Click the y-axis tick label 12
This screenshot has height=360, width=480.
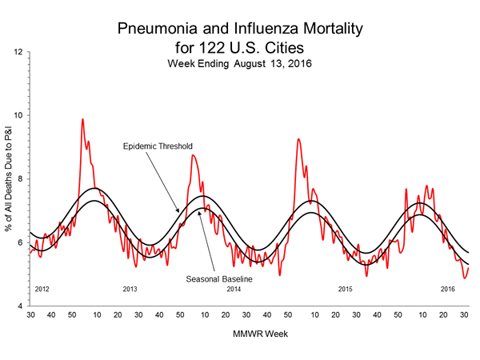pyautogui.click(x=17, y=52)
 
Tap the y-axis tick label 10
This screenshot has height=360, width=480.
pyautogui.click(x=17, y=115)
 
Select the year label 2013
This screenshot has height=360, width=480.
pyautogui.click(x=130, y=288)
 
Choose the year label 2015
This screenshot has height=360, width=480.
pyautogui.click(x=346, y=288)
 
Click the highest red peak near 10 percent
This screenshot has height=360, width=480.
pyautogui.click(x=82, y=119)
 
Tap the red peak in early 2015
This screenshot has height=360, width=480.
pyautogui.click(x=298, y=139)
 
